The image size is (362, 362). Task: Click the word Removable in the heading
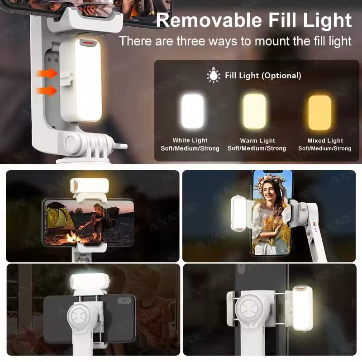pyautogui.click(x=209, y=20)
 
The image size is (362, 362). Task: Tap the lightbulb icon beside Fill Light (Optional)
pyautogui.click(x=213, y=75)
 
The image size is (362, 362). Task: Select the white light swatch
pyautogui.click(x=192, y=111)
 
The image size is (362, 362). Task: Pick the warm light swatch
pyautogui.click(x=254, y=111)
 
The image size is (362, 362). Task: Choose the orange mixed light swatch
pyautogui.click(x=320, y=112)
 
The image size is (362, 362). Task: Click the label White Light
pyautogui.click(x=190, y=140)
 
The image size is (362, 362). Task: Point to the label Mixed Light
pyautogui.click(x=325, y=140)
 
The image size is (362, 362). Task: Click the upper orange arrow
pyautogui.click(x=47, y=74)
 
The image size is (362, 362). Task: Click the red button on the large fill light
pyautogui.click(x=88, y=43)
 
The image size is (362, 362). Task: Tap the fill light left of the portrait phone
pyautogui.click(x=239, y=213)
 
